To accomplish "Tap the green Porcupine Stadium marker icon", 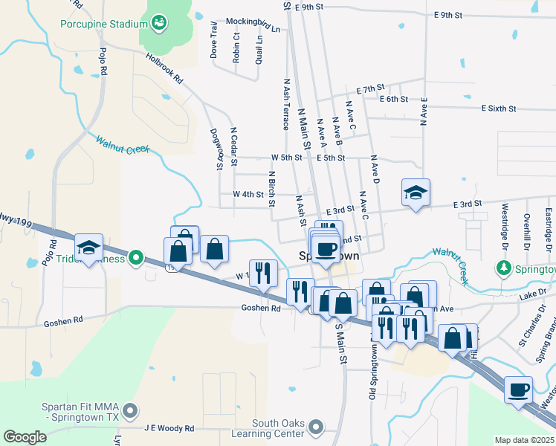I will [159, 25].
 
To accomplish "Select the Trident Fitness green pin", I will [135, 258].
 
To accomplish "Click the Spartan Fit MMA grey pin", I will [131, 410].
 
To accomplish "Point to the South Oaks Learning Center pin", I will [316, 427].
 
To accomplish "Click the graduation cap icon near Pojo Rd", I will [89, 248].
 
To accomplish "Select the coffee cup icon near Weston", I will [519, 389].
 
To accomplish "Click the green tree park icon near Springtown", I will [504, 268].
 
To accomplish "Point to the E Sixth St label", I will [498, 109].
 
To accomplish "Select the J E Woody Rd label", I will [169, 429].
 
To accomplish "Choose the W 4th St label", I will [248, 194].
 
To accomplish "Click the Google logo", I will [25, 437].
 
